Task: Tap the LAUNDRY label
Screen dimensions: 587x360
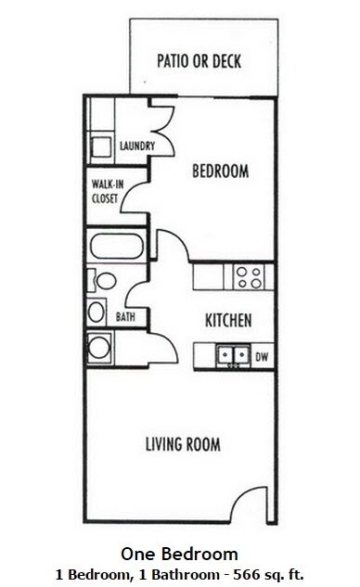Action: tap(136, 146)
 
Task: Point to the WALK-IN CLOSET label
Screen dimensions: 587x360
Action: tap(104, 189)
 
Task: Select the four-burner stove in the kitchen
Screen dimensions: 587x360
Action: tap(248, 275)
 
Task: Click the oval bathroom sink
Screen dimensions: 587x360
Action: tap(97, 311)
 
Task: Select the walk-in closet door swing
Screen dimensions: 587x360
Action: tap(130, 198)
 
